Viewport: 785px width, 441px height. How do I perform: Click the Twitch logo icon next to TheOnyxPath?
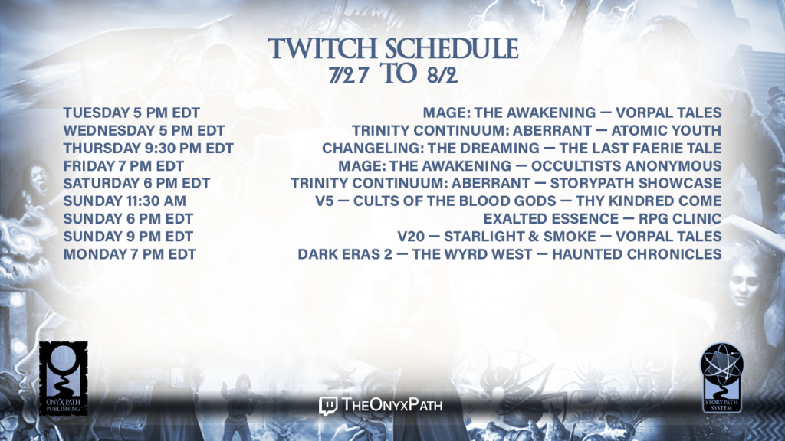coord(328,406)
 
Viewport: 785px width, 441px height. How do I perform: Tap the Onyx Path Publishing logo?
coord(64,378)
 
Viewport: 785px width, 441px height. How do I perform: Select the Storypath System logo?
coord(721,378)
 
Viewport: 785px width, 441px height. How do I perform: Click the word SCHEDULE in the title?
coord(452,49)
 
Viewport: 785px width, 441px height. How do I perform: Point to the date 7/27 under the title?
coord(349,75)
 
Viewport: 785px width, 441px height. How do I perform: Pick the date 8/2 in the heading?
coord(442,75)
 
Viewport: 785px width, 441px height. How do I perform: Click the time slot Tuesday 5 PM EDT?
coord(132,113)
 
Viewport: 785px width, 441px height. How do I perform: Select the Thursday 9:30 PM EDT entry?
coord(148,149)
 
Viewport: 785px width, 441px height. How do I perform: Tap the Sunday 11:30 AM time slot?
coord(125,201)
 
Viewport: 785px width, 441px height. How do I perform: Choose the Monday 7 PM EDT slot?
coord(130,254)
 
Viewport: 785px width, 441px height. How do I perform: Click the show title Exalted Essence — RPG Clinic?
coord(603,219)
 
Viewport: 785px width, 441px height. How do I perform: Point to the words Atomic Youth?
coord(666,130)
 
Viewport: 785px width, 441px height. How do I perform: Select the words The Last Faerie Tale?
coord(640,149)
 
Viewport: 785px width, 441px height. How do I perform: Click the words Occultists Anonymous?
coord(626,166)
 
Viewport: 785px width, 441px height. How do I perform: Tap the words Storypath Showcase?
coord(636,184)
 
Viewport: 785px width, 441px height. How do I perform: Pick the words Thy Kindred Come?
coord(649,201)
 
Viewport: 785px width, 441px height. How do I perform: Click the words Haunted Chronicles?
coord(637,254)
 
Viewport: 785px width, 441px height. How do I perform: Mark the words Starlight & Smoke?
coord(521,237)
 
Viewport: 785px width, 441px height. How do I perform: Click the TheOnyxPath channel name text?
coord(392,405)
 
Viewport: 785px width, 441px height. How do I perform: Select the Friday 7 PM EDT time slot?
coord(123,166)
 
